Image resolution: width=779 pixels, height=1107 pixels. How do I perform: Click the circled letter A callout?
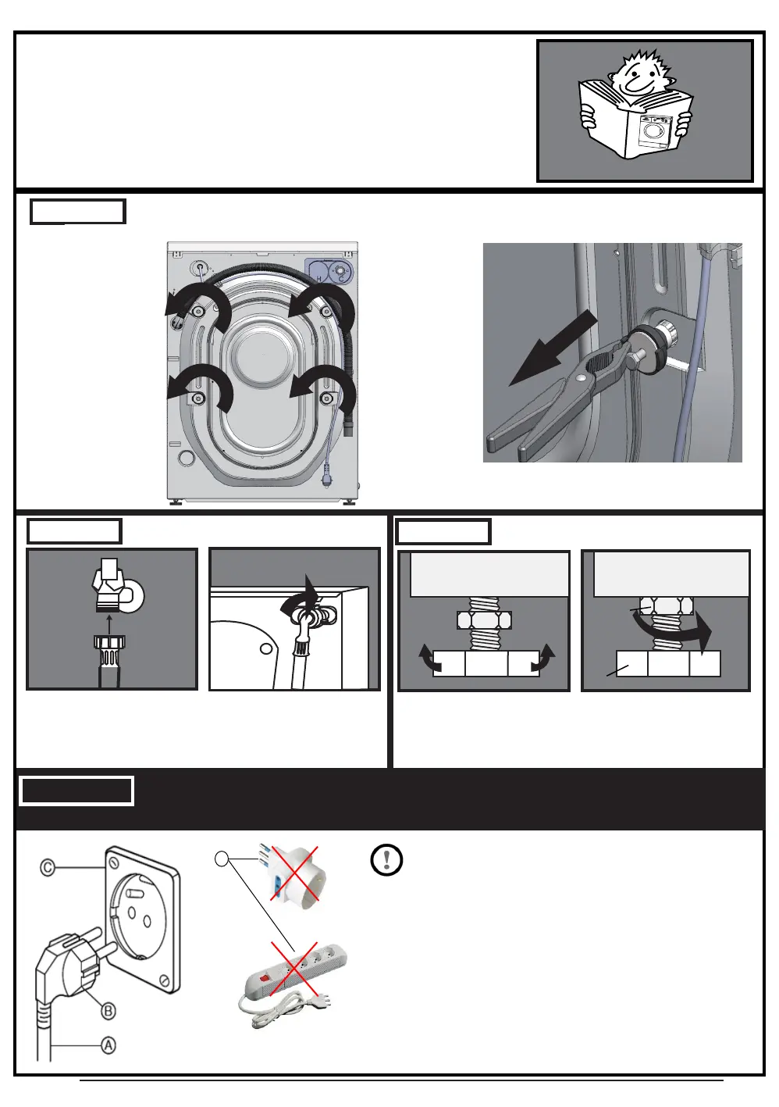(108, 1046)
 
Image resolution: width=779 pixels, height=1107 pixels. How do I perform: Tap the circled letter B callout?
(108, 1011)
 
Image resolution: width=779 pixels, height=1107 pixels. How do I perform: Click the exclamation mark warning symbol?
(386, 860)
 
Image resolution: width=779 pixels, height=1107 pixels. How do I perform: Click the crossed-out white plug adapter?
(291, 873)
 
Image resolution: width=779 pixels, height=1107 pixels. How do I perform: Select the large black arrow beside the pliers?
(553, 348)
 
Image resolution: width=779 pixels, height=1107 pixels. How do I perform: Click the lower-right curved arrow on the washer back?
(322, 388)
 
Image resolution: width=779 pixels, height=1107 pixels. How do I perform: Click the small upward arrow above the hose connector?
(109, 625)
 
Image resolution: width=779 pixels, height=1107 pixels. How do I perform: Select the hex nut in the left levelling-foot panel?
(484, 620)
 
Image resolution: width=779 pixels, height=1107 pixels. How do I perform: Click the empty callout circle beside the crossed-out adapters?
(222, 859)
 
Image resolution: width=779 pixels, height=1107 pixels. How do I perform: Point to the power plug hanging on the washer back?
(326, 477)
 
